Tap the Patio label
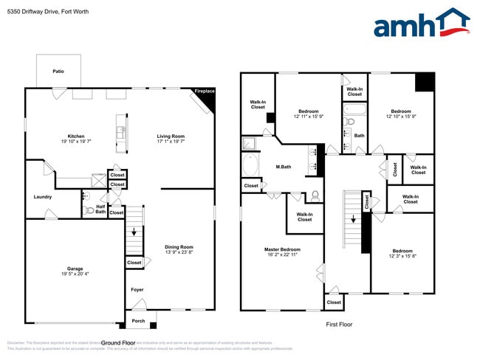(58, 72)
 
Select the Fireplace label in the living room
(205, 91)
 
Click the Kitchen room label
(76, 136)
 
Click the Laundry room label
(42, 197)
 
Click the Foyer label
(137, 290)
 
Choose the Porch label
(138, 321)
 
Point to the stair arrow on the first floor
(354, 219)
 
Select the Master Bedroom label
(282, 249)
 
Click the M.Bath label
(284, 167)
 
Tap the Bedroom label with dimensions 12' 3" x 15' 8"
(402, 251)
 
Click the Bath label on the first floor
(360, 136)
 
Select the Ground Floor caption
(117, 343)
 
